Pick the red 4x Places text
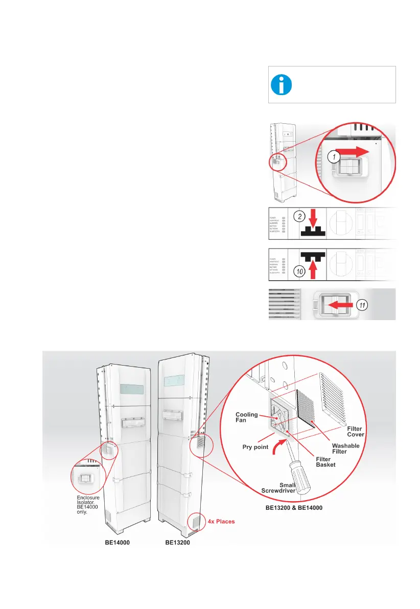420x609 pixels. (221, 522)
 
